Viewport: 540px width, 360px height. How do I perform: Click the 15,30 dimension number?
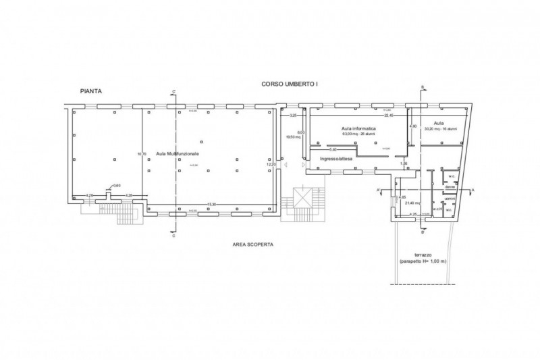coord(211,203)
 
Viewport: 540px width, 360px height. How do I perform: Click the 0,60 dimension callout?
coord(117,186)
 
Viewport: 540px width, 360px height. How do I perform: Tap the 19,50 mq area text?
coord(293,136)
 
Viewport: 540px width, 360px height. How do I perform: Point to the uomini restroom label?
coord(450,198)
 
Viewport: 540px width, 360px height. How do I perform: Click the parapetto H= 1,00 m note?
coord(423,262)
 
